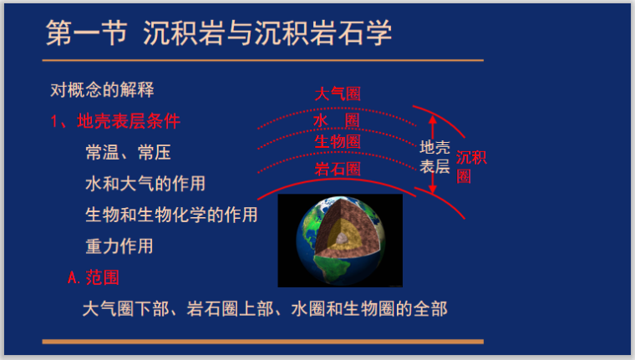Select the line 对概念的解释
[102, 89]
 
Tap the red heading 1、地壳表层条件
[115, 121]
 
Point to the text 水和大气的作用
[145, 183]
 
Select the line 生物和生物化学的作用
[170, 215]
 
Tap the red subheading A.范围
[99, 277]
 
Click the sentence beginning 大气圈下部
[265, 309]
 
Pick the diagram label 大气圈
[338, 94]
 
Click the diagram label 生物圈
[338, 142]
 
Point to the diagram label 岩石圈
[338, 169]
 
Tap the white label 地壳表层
[434, 157]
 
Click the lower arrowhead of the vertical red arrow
[433, 191]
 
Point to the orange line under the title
[263, 60]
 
